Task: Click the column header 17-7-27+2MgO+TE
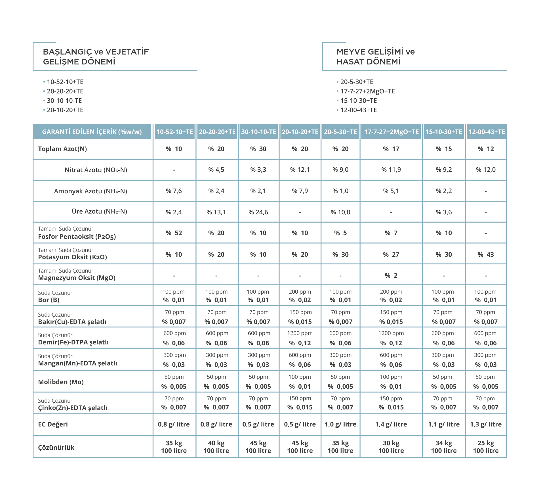(391, 132)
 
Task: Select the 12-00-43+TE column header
(487, 132)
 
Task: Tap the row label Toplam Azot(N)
(62, 149)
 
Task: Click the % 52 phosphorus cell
(174, 233)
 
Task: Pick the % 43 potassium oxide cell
(486, 254)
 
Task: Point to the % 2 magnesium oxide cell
(391, 275)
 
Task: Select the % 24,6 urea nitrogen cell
(258, 212)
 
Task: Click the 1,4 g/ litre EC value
(391, 424)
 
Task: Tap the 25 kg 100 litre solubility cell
(486, 447)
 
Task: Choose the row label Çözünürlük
(56, 447)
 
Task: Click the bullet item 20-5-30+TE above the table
(357, 82)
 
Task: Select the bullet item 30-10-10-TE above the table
(64, 101)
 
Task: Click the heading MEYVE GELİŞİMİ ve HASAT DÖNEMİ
(375, 57)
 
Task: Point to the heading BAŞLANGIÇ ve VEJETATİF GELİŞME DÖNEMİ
(96, 57)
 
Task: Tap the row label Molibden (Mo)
(61, 382)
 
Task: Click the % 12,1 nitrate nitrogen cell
(300, 170)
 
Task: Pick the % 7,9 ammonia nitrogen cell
(300, 191)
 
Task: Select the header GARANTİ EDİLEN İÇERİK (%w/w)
(92, 132)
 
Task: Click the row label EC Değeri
(53, 424)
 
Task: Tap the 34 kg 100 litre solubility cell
(444, 447)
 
